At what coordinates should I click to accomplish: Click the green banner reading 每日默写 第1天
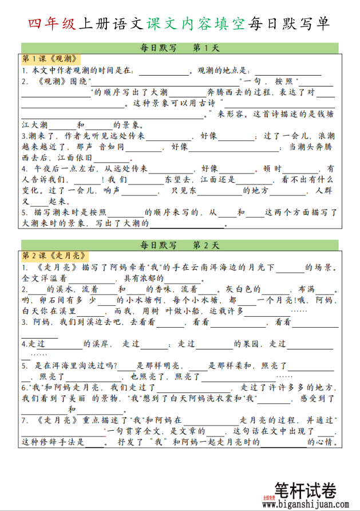(x=180, y=48)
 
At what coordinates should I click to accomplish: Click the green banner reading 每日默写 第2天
(x=180, y=245)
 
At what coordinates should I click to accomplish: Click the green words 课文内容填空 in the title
(x=196, y=23)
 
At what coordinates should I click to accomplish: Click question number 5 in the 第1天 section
(x=25, y=213)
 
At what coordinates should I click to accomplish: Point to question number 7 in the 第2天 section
(x=25, y=420)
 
